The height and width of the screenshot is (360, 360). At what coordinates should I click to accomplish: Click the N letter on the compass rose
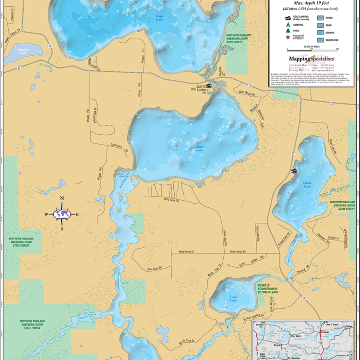pyautogui.click(x=62, y=198)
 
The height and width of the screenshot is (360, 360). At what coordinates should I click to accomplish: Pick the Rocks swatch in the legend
pyautogui.click(x=320, y=17)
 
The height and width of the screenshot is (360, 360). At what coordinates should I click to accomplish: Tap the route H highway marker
pyautogui.click(x=331, y=102)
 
